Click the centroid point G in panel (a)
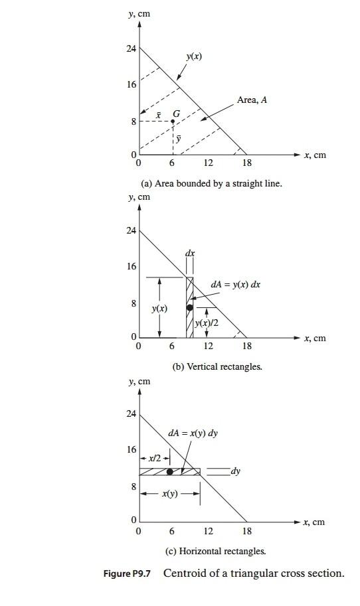173,121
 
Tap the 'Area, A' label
252,100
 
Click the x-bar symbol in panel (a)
157,115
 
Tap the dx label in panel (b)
191,254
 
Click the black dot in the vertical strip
190,307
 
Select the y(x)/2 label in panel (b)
207,323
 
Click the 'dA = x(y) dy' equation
193,433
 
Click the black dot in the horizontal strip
170,472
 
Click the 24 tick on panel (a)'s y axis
132,49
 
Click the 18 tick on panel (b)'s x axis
247,346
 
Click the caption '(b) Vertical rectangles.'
217,366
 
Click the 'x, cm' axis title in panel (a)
315,155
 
